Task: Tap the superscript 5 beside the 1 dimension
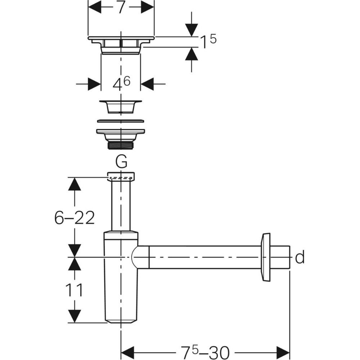(213, 39)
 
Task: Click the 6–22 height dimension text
(75, 218)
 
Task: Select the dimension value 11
(74, 290)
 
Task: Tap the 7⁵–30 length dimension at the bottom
(205, 352)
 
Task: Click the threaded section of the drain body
(121, 146)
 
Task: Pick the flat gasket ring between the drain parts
(121, 121)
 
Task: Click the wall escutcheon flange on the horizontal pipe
(266, 257)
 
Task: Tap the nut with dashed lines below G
(121, 176)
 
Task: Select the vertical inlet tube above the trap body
(121, 205)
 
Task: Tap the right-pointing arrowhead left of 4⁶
(95, 84)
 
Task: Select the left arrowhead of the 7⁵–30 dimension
(127, 353)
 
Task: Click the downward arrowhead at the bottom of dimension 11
(75, 316)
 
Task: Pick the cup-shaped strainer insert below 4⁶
(121, 107)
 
